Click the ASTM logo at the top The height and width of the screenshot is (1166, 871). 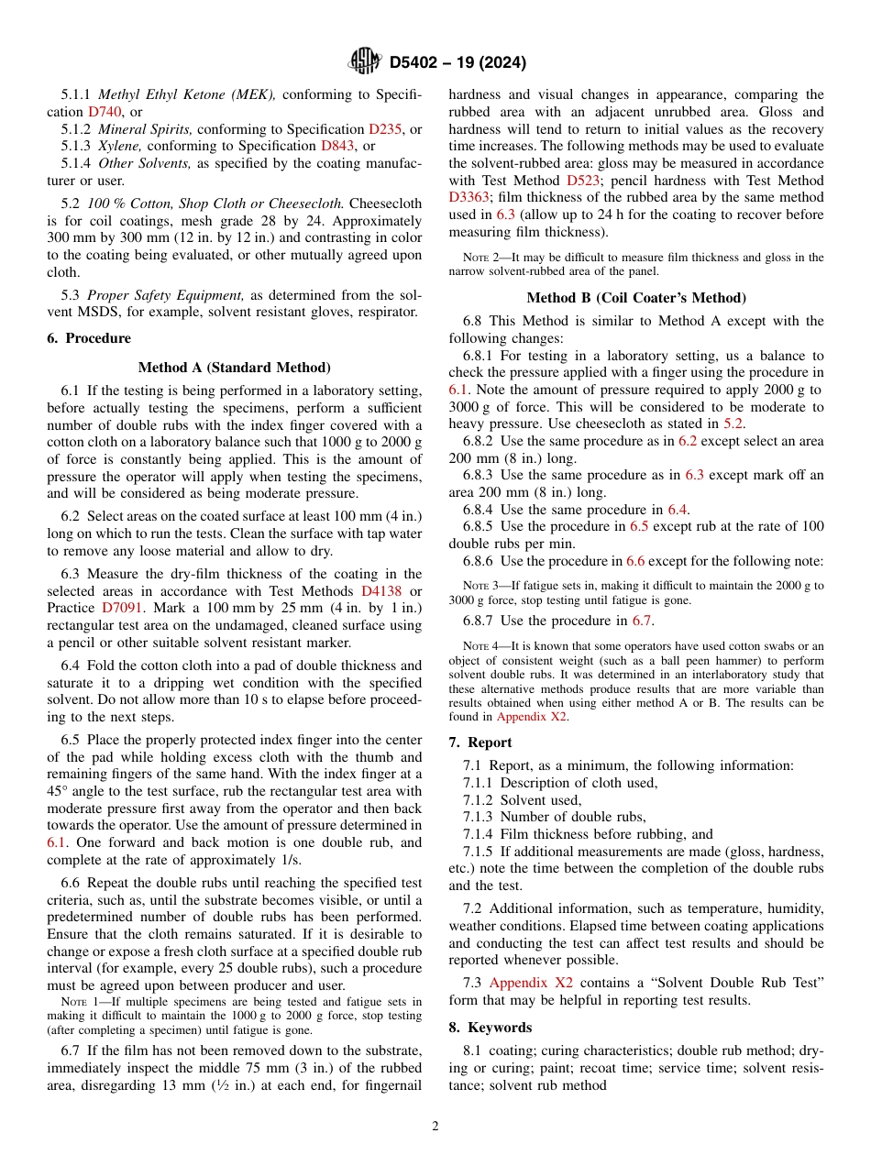pyautogui.click(x=365, y=62)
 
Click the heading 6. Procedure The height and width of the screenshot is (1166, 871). pyautogui.click(x=89, y=338)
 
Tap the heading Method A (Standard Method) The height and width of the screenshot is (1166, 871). pyautogui.click(x=234, y=368)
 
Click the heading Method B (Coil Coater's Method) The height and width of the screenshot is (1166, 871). pyautogui.click(x=636, y=298)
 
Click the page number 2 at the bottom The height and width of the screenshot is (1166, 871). pyautogui.click(x=435, y=1127)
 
